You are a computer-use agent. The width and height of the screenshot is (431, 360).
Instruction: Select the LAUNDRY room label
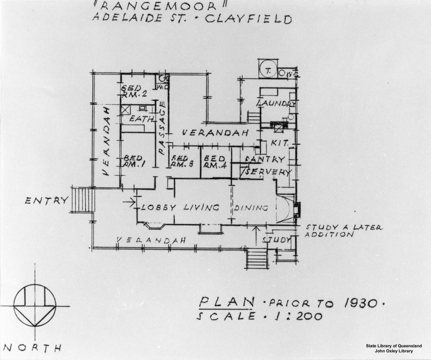click(276, 104)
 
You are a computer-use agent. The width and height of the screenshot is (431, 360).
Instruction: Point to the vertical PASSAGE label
click(162, 127)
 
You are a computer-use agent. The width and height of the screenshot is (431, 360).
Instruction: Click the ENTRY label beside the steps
click(47, 200)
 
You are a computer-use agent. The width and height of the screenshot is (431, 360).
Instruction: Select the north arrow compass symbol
click(35, 305)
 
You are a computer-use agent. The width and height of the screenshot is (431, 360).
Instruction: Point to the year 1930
click(361, 303)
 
